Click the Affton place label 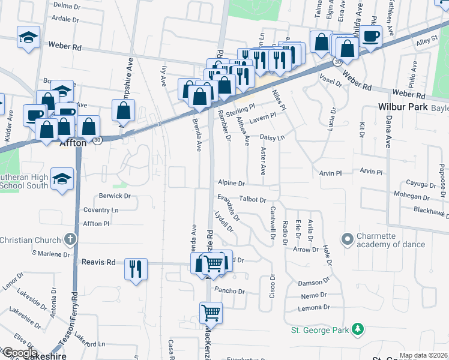(x=73, y=143)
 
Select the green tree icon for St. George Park (x=358, y=329)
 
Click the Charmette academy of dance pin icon (x=346, y=239)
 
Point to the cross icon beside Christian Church (x=71, y=240)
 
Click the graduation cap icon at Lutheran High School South (x=62, y=179)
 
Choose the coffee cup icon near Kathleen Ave (x=371, y=35)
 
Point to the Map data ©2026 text (x=423, y=355)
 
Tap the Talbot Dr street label (x=252, y=199)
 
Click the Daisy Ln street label (x=271, y=137)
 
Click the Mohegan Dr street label (x=409, y=195)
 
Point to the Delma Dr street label (x=67, y=5)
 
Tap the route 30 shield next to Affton (x=97, y=140)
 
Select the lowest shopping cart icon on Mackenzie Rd (x=211, y=312)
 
